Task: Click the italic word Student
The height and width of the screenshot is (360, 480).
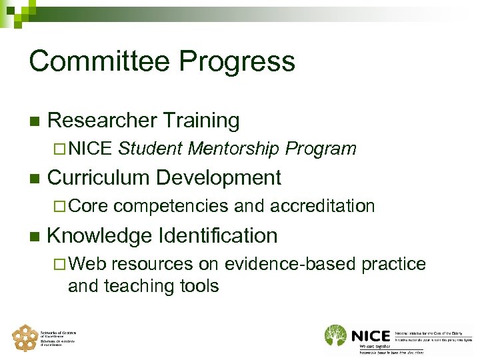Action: (x=150, y=149)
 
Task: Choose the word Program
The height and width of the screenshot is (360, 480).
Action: (x=321, y=149)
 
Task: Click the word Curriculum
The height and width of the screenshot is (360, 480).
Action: (x=101, y=178)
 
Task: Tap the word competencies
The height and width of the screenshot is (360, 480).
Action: (x=171, y=206)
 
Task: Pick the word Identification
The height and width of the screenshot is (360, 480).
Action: (x=217, y=235)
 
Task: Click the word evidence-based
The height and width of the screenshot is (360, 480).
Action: (x=290, y=264)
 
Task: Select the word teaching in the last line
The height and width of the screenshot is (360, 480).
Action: (x=131, y=286)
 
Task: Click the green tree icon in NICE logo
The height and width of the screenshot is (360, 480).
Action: (x=336, y=336)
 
